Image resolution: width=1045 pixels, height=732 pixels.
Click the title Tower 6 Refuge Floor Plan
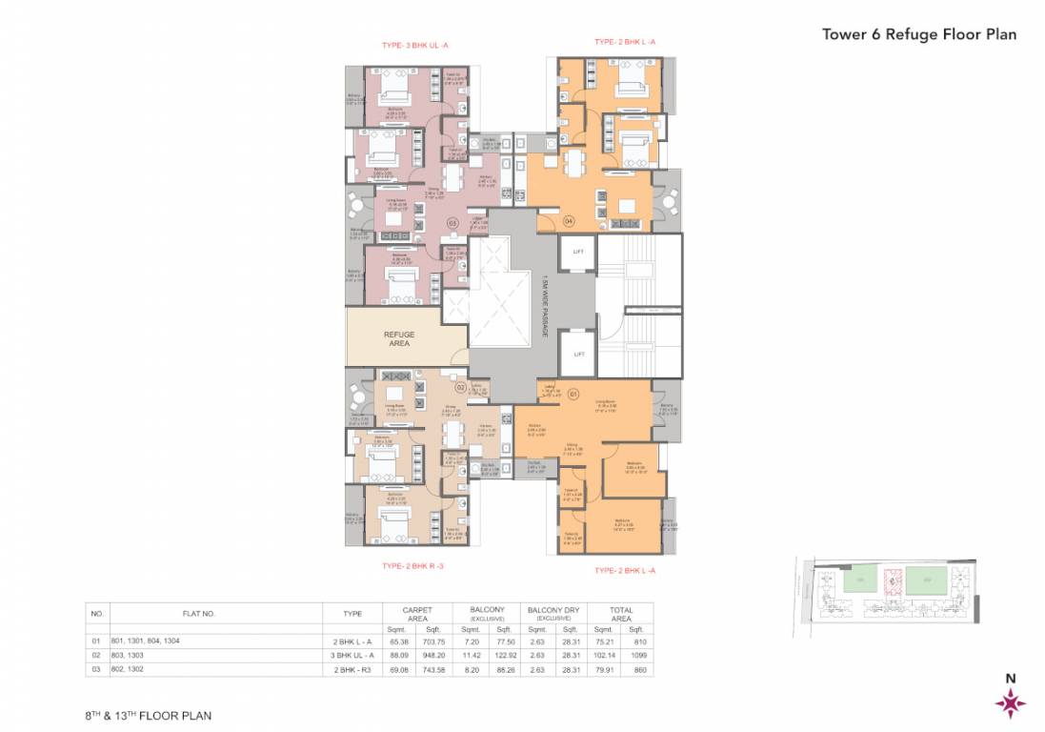918,34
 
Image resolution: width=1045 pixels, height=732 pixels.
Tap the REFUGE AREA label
399,338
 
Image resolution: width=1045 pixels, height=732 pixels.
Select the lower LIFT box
577,352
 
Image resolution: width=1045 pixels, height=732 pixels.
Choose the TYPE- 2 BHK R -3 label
412,566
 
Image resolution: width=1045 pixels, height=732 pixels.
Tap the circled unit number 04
569,220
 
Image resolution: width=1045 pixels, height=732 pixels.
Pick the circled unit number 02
459,388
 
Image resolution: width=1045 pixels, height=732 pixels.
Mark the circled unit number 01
573,393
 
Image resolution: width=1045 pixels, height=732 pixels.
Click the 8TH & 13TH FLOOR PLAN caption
148,714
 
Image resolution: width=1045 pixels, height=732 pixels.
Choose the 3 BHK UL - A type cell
345,656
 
